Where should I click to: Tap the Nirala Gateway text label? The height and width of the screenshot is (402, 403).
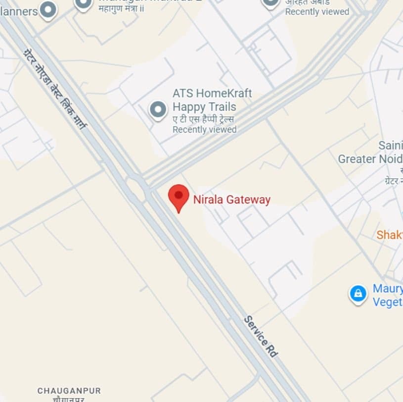[232, 200]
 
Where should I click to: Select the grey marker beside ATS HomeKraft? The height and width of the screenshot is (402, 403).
[158, 109]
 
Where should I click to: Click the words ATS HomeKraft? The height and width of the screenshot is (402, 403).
[212, 93]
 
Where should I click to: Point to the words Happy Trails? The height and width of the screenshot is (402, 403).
[204, 106]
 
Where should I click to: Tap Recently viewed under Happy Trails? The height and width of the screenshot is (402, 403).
[204, 130]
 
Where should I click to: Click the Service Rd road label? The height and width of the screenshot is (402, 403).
[261, 336]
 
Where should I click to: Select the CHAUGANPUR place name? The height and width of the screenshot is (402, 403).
[69, 391]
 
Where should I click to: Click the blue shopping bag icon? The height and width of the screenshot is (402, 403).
[358, 294]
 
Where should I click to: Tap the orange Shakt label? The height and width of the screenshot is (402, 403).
[389, 235]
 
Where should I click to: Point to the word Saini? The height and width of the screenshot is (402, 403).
[390, 146]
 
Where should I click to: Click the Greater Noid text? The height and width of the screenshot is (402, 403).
[370, 159]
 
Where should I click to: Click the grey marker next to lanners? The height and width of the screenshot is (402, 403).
[48, 9]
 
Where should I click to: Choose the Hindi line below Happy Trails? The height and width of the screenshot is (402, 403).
[203, 119]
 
